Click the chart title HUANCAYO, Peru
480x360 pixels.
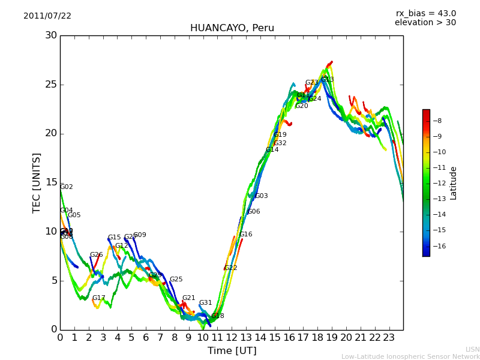click(232, 28)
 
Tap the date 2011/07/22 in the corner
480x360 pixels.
click(47, 16)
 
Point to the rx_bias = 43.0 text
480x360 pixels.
click(426, 13)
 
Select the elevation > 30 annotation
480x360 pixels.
click(425, 23)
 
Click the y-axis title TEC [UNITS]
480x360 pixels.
click(37, 182)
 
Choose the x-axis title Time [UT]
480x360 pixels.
click(232, 351)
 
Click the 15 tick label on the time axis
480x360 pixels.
click(275, 337)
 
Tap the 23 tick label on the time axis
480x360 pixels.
click(389, 337)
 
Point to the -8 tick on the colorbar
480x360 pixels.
click(437, 121)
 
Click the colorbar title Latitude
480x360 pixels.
click(454, 183)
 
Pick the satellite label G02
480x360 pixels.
click(67, 187)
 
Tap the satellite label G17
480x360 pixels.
click(98, 298)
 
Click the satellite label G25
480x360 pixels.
click(176, 280)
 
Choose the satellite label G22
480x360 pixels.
click(230, 268)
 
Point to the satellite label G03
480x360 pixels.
click(261, 196)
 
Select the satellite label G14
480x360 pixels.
click(272, 150)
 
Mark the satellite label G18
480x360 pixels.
click(217, 316)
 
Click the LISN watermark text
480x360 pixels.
click(473, 349)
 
